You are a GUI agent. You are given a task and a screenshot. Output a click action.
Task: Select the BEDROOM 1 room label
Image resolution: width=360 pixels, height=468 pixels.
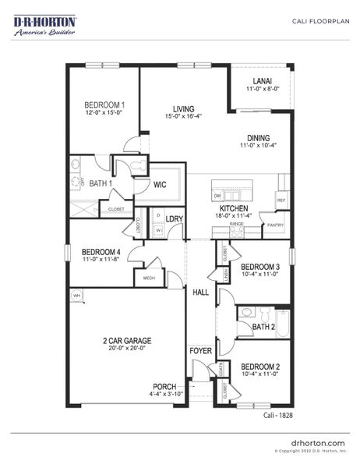pos(104,105)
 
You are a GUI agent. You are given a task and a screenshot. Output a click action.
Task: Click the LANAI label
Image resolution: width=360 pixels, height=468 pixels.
pos(262,81)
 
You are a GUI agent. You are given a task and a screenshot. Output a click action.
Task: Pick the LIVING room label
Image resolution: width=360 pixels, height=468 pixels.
pos(183,108)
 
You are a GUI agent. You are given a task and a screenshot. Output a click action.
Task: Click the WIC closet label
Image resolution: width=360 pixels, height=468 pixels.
pos(161,185)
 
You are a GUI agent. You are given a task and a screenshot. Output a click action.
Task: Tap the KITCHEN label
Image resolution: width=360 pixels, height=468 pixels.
pos(233,209)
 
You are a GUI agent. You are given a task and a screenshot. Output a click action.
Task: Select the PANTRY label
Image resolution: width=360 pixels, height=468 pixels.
pos(275,226)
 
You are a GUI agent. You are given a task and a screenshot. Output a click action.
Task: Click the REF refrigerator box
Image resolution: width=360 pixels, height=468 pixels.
pos(281,200)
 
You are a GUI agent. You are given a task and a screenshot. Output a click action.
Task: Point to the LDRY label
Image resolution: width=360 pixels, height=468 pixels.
pos(174,219)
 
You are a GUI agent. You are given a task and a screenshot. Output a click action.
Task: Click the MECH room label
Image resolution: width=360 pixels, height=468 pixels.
pos(148,277)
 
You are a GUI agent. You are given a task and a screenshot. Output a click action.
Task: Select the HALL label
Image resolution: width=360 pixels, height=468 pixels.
pos(200,292)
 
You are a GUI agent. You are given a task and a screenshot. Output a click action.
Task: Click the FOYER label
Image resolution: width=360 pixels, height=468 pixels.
pos(200,351)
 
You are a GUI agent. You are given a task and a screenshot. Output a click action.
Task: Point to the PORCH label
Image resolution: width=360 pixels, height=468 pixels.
pos(164,386)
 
